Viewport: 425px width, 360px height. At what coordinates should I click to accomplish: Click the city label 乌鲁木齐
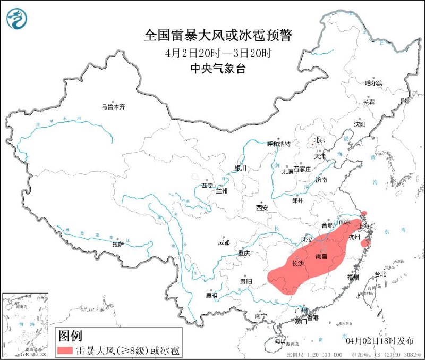tap(113, 107)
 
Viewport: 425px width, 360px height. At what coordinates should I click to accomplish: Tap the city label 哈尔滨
tap(373, 83)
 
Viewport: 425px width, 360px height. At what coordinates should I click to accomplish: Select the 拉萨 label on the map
tap(117, 244)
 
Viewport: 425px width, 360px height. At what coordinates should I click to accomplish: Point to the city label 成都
tap(224, 242)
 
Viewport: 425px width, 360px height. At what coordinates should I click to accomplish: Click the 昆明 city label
tap(212, 295)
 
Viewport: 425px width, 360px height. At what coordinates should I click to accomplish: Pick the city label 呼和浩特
tap(279, 144)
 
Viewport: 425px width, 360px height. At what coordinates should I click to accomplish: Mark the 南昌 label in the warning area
tap(321, 256)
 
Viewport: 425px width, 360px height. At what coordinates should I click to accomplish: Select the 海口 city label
tap(279, 340)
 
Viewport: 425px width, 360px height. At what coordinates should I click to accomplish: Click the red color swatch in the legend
tap(65, 349)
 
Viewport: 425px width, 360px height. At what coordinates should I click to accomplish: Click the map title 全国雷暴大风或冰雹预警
tap(218, 36)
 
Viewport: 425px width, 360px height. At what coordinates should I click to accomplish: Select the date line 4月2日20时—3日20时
tap(218, 53)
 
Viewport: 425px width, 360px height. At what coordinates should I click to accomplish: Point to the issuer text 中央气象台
tap(218, 69)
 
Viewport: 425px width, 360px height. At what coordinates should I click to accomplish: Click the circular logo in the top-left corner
tap(17, 19)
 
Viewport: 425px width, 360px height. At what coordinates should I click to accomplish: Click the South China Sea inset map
tap(25, 325)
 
